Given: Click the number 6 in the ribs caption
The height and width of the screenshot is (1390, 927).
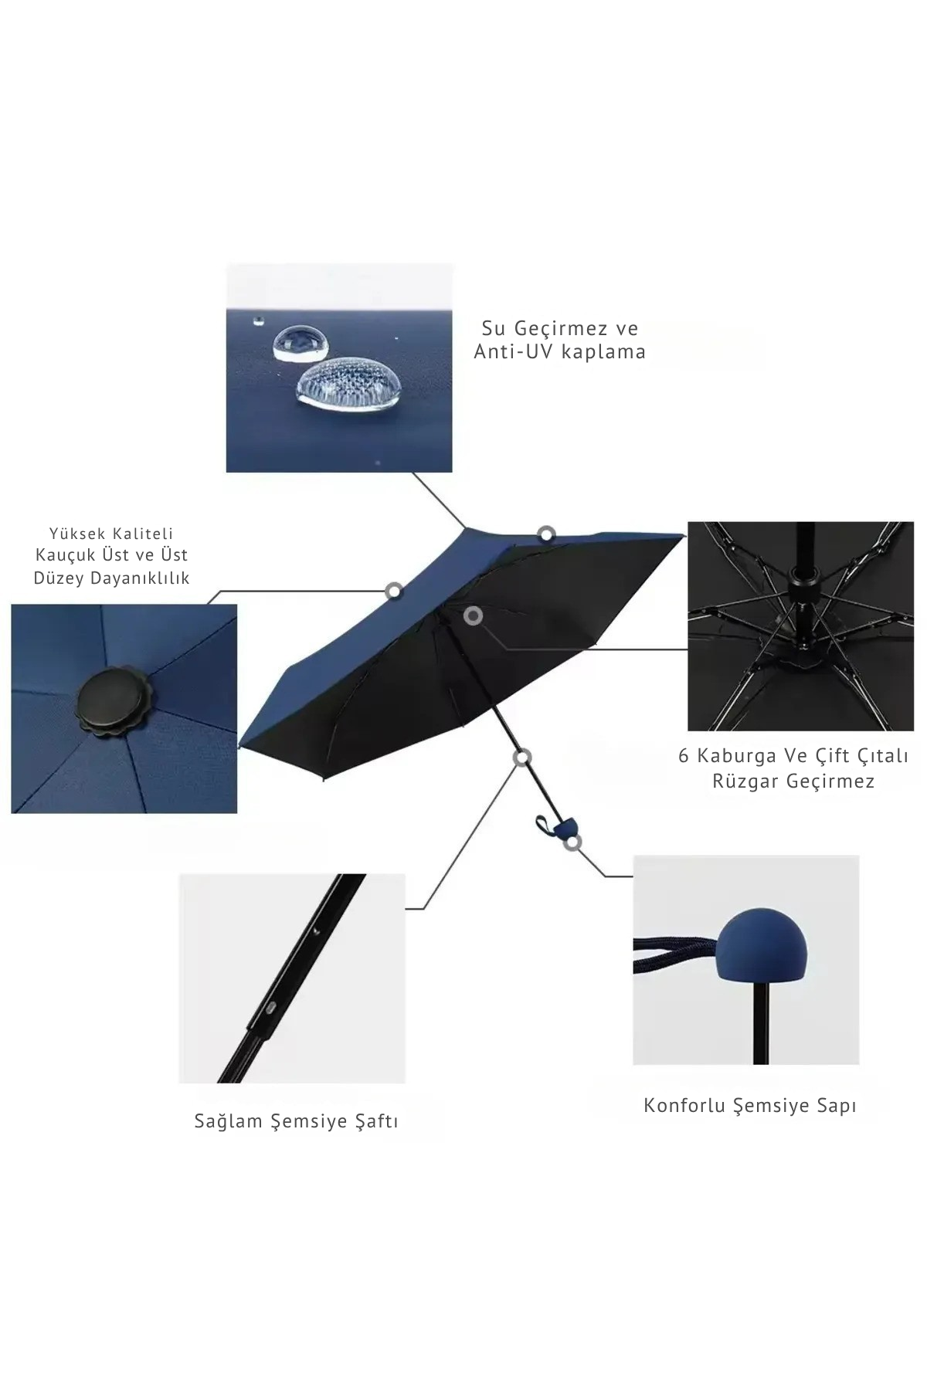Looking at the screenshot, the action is [x=684, y=756].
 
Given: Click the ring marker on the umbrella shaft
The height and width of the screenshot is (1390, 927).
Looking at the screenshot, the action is [x=523, y=758].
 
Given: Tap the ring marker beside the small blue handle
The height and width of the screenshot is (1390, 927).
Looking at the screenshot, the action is [x=572, y=843].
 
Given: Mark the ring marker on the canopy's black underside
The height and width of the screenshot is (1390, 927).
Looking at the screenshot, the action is [x=474, y=615].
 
